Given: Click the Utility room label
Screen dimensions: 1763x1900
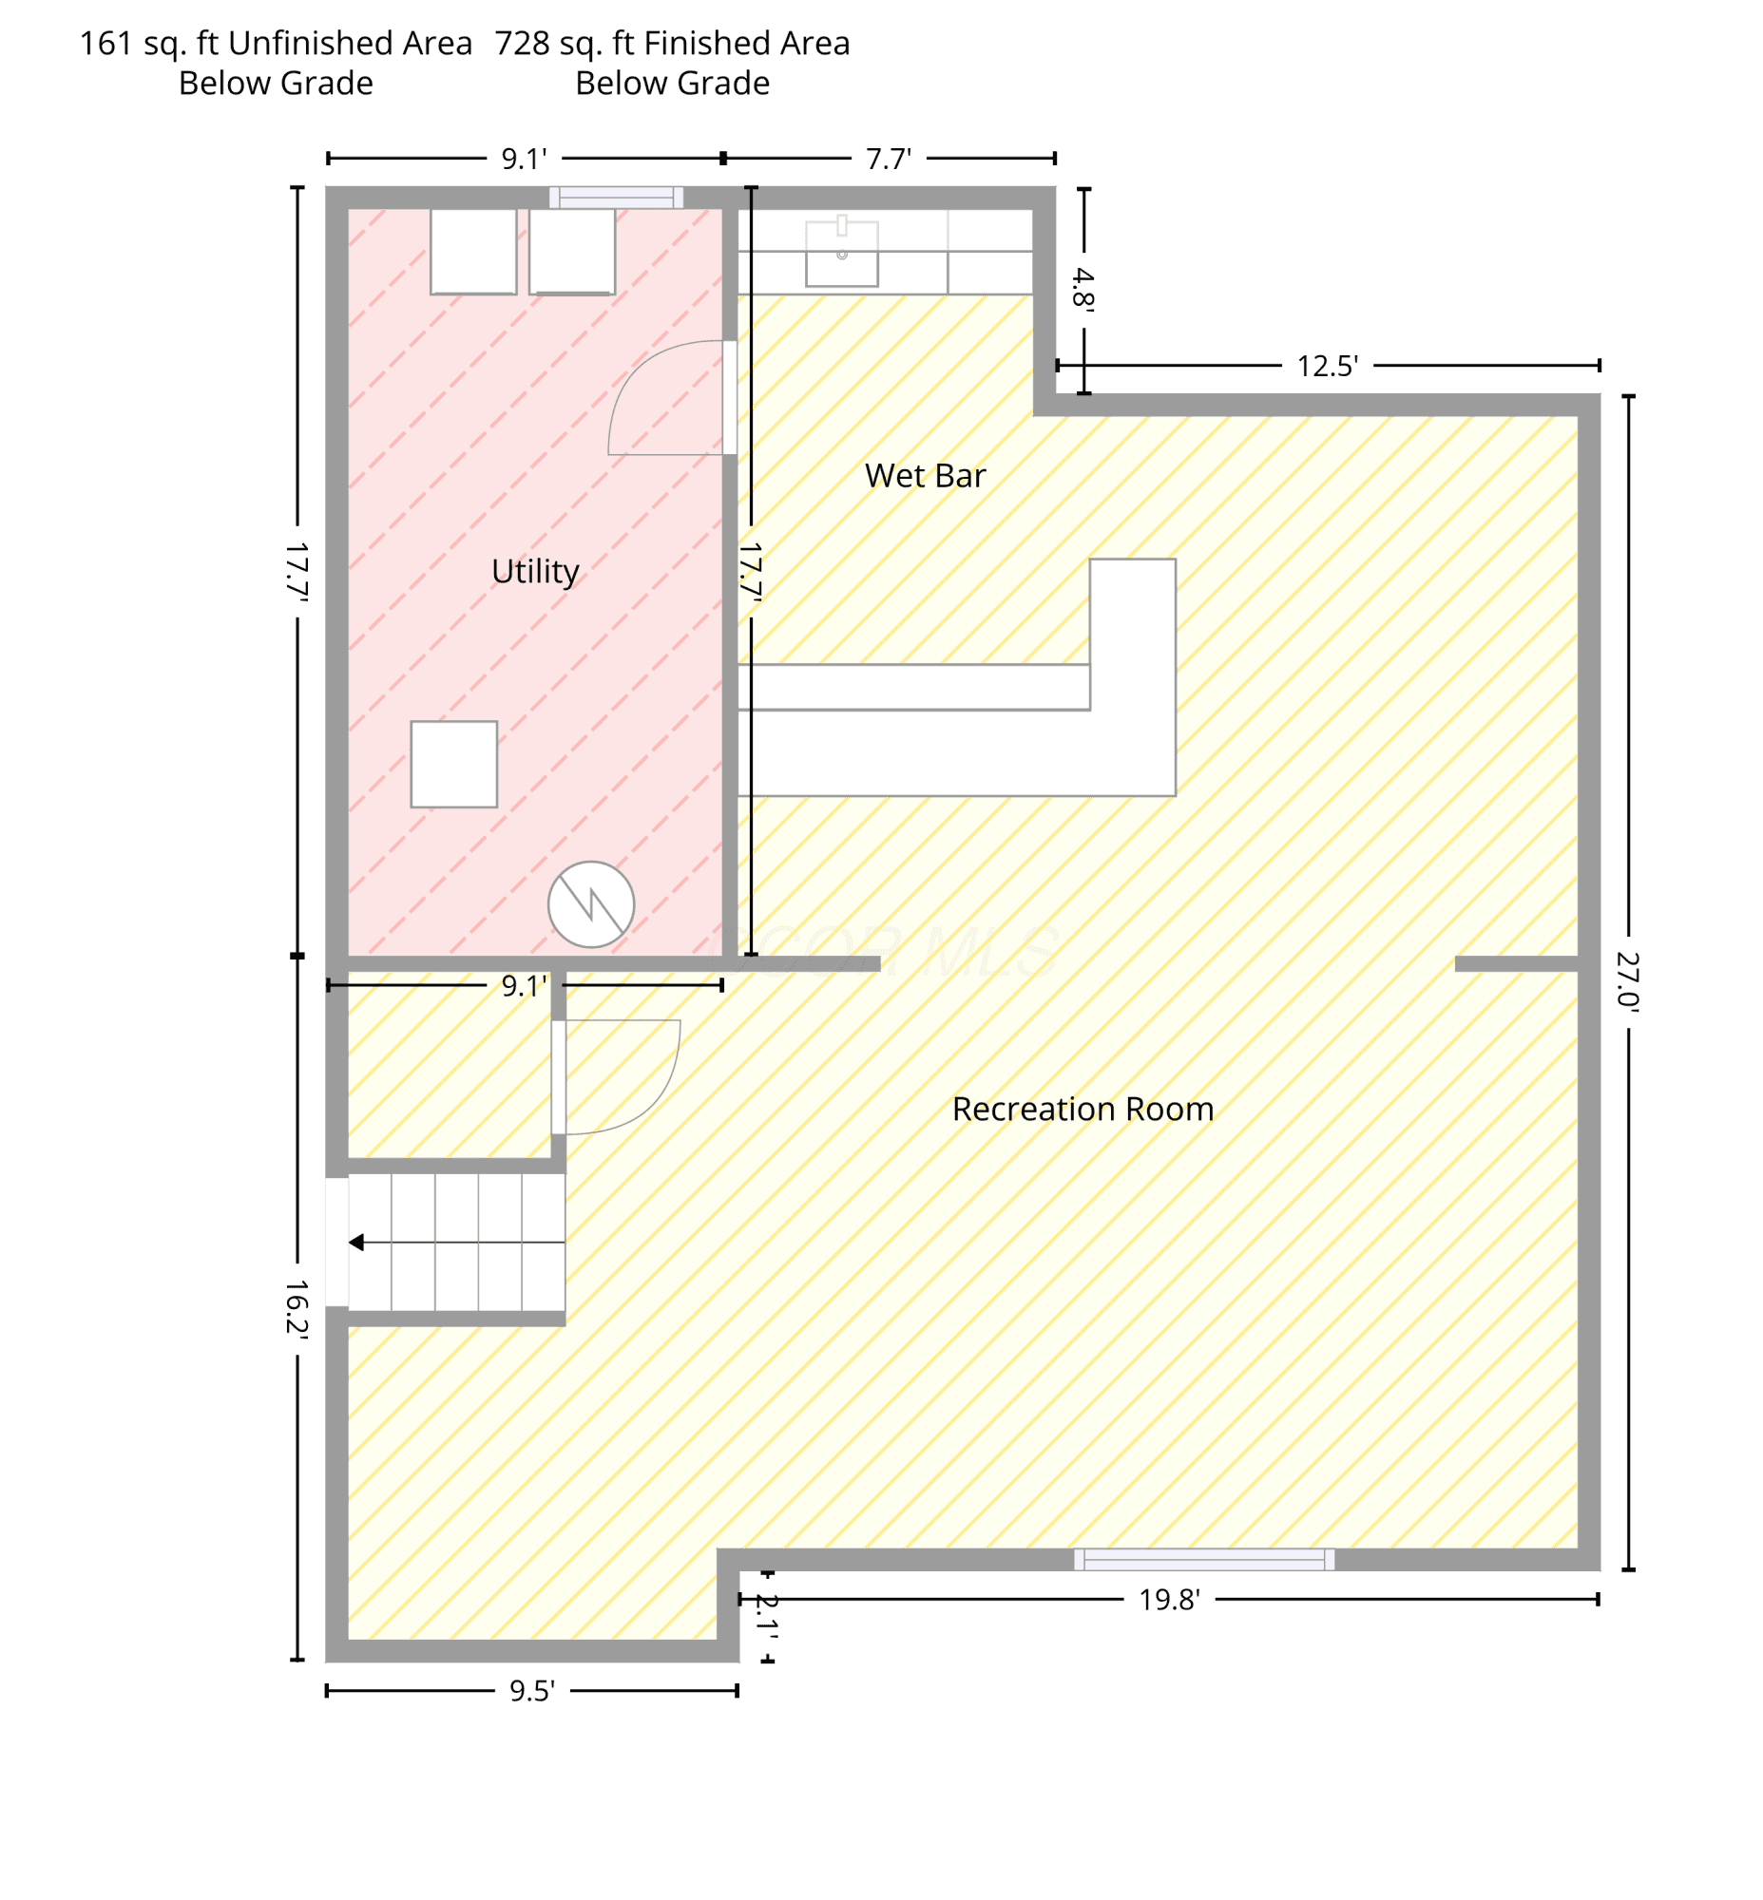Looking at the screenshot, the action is tap(535, 571).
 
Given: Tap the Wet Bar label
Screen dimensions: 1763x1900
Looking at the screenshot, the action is tap(925, 476).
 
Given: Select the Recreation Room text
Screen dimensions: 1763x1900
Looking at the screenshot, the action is tap(1083, 1110).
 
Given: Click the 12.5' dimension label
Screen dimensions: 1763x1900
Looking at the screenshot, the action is tap(1327, 367).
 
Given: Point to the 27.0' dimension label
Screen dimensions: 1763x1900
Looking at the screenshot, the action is tap(1627, 980).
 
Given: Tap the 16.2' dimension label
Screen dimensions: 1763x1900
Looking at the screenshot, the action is tap(297, 1310).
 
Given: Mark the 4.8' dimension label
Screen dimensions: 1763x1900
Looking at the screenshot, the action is tap(1083, 289).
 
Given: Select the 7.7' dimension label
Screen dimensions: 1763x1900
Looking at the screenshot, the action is tap(889, 160).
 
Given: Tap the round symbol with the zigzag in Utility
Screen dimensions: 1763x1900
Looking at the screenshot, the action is tap(590, 904).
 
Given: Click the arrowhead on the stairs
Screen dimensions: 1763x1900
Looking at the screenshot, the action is tap(356, 1242).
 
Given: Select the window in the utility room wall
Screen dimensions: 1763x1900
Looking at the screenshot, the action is tap(616, 198).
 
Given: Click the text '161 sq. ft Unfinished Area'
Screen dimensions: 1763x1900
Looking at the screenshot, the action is tap(276, 44).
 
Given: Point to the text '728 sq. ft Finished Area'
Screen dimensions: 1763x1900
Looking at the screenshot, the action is tap(672, 44).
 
